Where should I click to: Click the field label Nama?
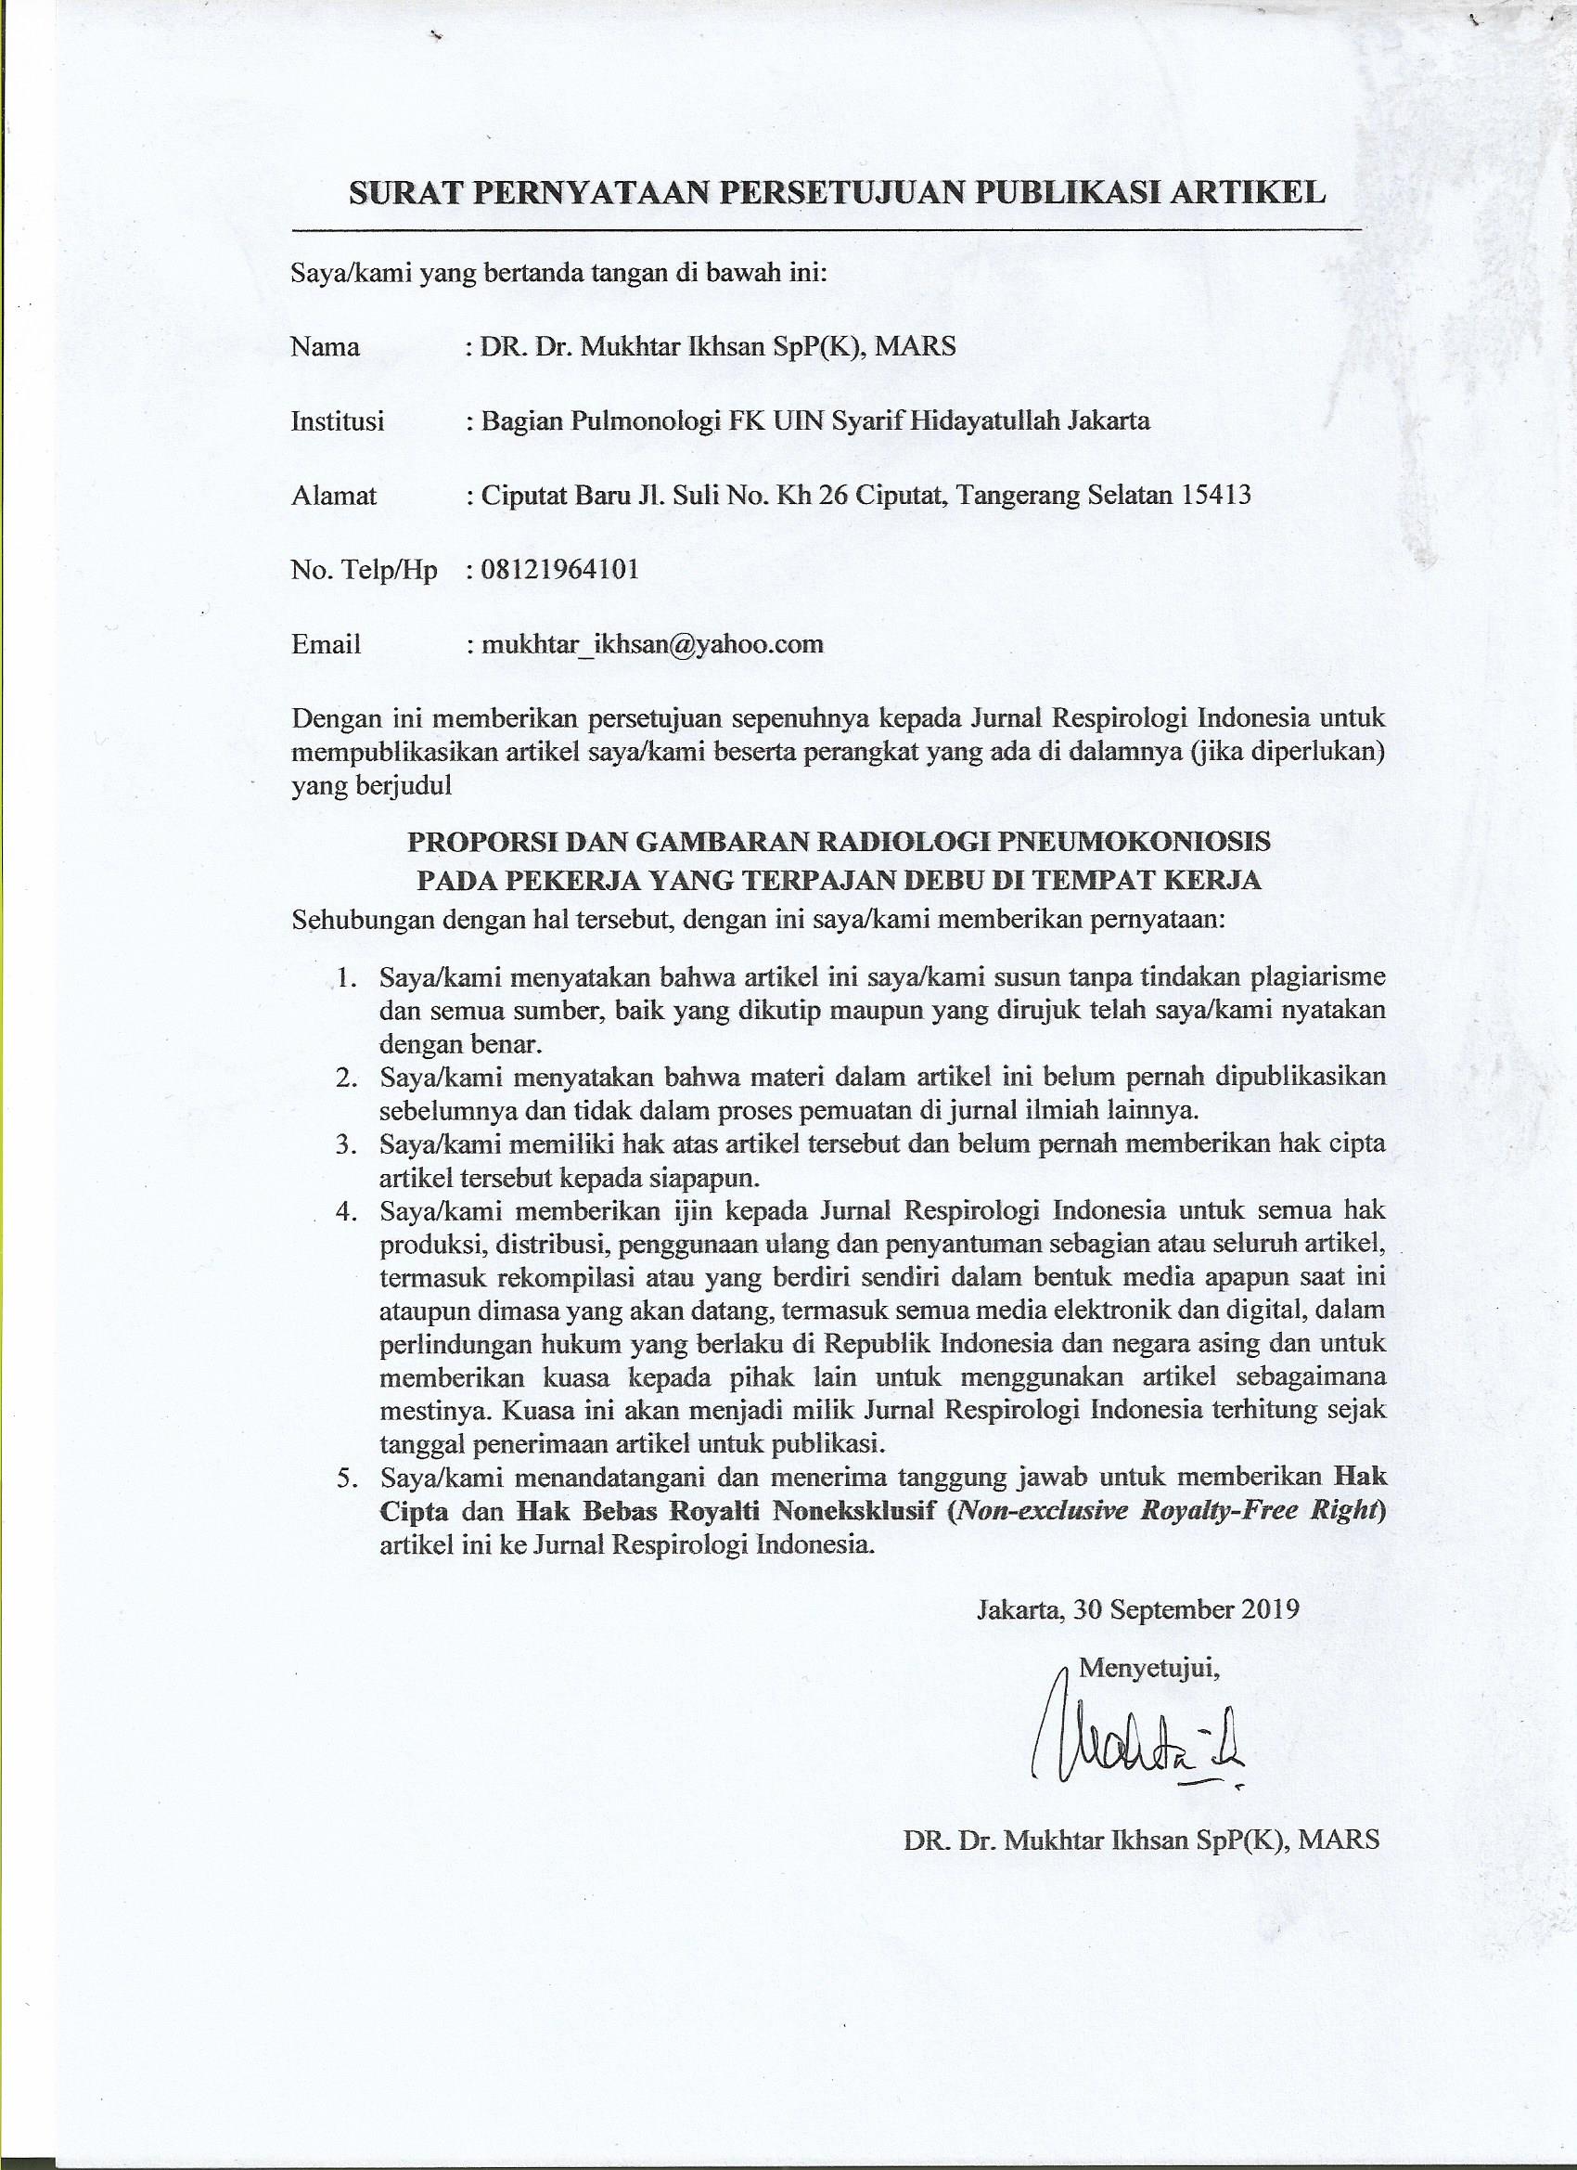coord(326,346)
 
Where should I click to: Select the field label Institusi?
coord(338,420)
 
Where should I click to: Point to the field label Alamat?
coord(334,495)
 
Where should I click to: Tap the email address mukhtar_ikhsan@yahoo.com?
coord(652,643)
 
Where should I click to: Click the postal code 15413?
coord(1215,495)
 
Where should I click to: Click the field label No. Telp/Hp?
coord(364,569)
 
